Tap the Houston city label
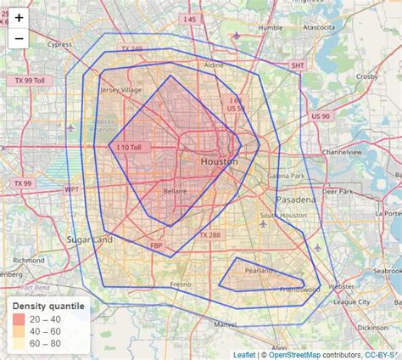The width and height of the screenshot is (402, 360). [219, 161]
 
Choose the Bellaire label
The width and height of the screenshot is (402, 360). [175, 192]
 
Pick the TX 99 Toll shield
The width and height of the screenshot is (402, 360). [35, 80]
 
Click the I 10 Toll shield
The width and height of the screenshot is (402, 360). [132, 147]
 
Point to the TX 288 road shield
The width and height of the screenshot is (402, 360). [209, 234]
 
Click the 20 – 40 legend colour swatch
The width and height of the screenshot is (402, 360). [18, 318]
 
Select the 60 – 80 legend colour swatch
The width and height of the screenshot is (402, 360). [18, 343]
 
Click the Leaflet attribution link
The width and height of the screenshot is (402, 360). [244, 354]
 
